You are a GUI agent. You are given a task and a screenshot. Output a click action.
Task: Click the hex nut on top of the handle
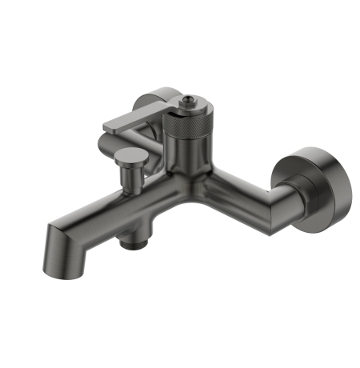coord(190,102)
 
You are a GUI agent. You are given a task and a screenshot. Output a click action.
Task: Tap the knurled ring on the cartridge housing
coord(187,127)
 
